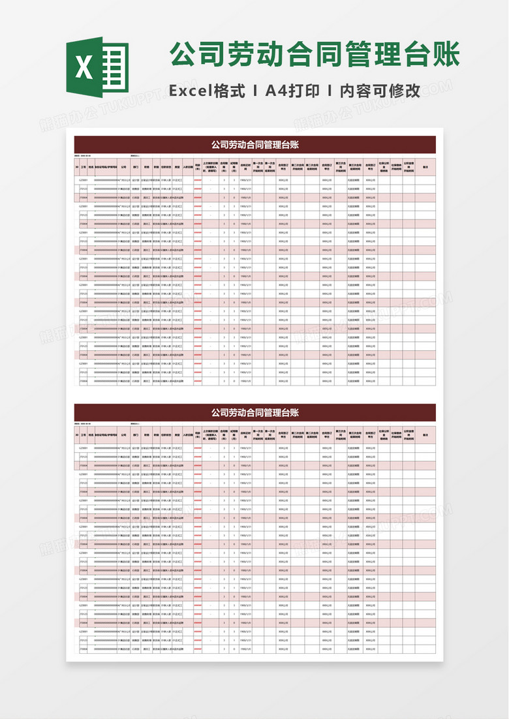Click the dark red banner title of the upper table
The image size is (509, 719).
[x=254, y=144]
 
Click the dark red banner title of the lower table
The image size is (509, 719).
[x=254, y=412]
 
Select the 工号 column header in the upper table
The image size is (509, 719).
[x=83, y=167]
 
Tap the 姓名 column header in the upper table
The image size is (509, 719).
[x=91, y=167]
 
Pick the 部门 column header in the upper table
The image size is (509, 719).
[x=136, y=167]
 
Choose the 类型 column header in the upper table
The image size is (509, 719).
[x=176, y=167]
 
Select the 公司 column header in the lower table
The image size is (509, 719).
[x=123, y=435]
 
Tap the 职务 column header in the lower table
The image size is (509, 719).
[x=147, y=435]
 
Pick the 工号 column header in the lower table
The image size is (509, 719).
[x=83, y=435]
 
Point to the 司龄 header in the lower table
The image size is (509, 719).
[x=198, y=435]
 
